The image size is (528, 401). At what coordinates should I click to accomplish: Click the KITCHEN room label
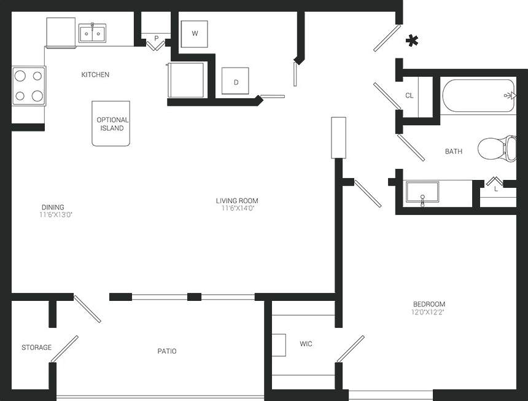click(x=95, y=75)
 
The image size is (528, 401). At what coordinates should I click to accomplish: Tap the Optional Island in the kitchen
click(x=111, y=123)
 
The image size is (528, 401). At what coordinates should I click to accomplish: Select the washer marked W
click(x=195, y=34)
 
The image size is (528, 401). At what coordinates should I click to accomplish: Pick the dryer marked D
click(x=235, y=82)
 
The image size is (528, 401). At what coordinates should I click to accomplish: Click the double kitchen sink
click(x=92, y=33)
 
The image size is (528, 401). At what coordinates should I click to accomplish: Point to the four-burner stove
click(x=29, y=85)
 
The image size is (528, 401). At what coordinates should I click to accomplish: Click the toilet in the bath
click(x=496, y=148)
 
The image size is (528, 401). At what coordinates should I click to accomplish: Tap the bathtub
click(x=478, y=95)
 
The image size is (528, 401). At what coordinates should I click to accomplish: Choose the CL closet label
click(x=410, y=96)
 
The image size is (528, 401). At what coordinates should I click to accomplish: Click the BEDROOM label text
click(x=429, y=304)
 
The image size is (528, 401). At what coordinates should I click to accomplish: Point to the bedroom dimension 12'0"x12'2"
click(x=429, y=312)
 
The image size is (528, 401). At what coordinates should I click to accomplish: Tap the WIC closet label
click(x=306, y=344)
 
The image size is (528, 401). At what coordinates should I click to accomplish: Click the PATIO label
click(x=166, y=351)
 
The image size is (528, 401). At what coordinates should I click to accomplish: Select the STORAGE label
click(x=36, y=348)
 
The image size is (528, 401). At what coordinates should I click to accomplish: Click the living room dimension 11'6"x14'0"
click(x=237, y=208)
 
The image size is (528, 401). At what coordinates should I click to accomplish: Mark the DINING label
click(x=53, y=207)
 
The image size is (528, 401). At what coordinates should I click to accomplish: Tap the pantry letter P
click(x=157, y=38)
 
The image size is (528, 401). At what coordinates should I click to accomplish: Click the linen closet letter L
click(x=496, y=189)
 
